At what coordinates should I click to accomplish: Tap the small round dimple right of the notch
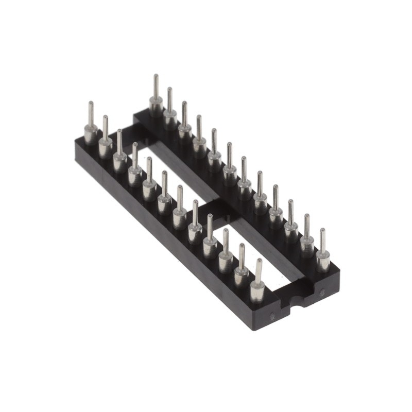322,292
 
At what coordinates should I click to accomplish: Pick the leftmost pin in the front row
91,126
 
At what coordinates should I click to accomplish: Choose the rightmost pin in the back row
323,252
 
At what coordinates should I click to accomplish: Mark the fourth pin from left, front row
134,167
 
